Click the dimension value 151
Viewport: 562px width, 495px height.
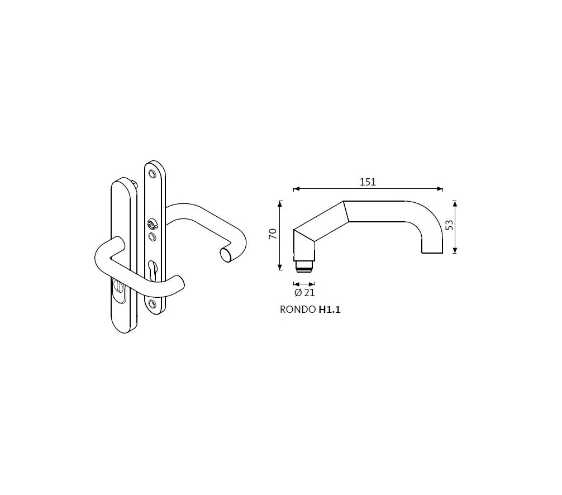(368, 182)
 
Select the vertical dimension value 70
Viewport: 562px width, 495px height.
(273, 235)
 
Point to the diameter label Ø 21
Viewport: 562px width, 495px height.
(304, 293)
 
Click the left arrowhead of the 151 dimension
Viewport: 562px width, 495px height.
(296, 189)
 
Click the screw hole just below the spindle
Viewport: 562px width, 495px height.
(152, 237)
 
